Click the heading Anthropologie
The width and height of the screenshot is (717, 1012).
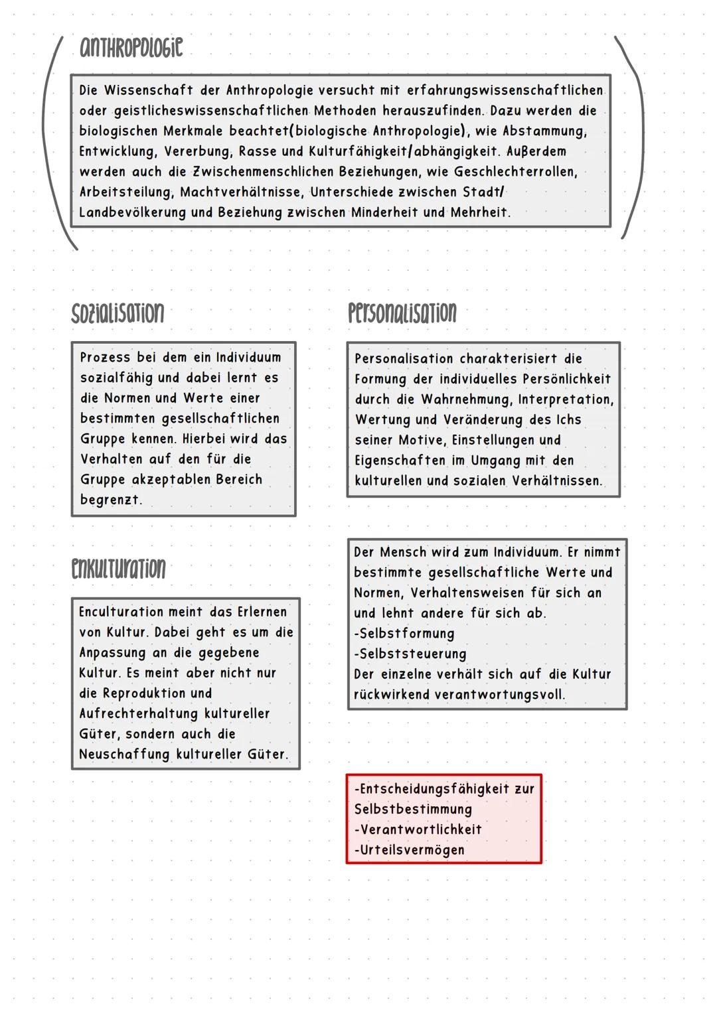(131, 48)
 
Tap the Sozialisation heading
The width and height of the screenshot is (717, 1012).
(118, 313)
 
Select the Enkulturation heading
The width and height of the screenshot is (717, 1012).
(118, 569)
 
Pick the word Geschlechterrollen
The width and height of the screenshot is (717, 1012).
(515, 172)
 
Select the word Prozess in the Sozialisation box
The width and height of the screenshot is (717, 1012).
(105, 358)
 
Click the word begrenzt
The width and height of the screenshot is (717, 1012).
(111, 500)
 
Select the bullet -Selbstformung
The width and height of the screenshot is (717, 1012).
(404, 634)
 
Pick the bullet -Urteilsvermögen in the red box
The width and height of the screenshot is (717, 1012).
(409, 850)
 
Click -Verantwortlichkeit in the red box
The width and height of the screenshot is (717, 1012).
(418, 830)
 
